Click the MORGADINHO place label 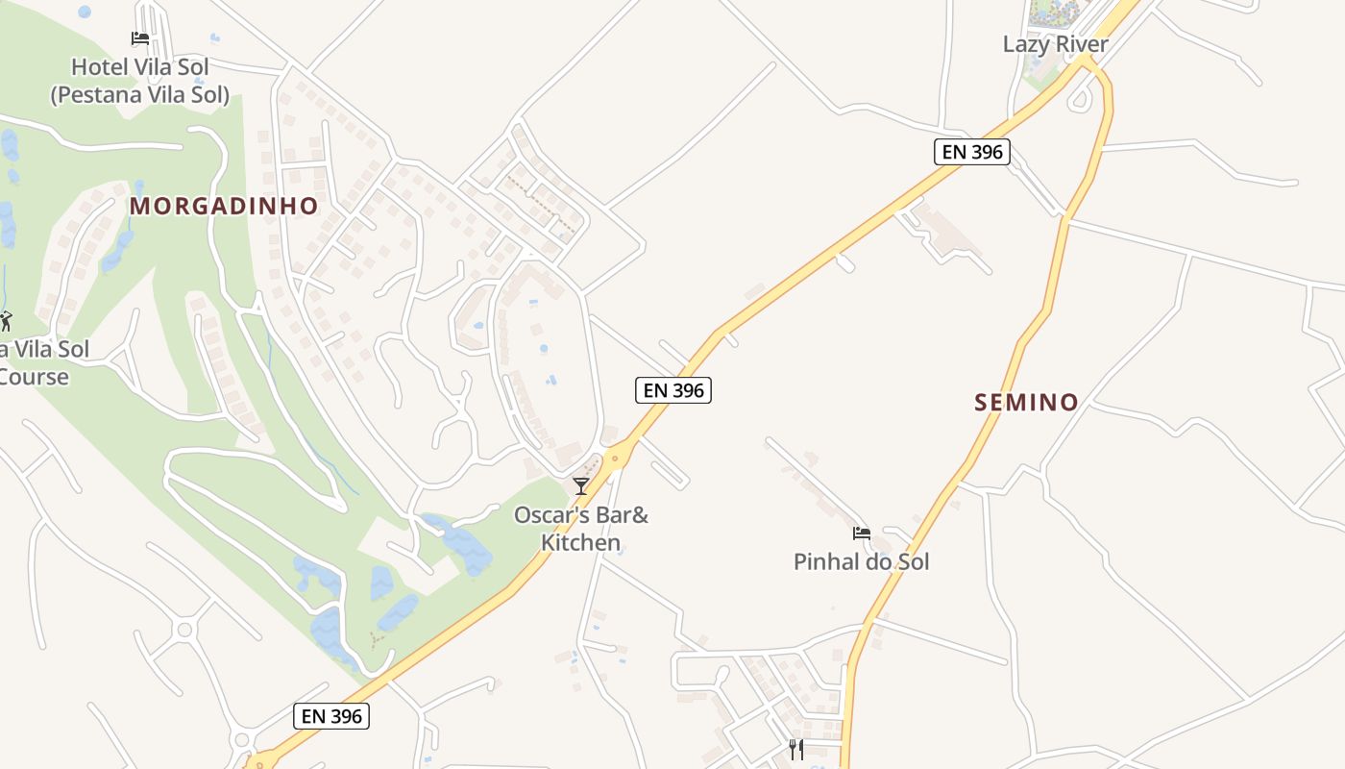point(224,206)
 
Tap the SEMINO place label point(1026,402)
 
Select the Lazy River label point(1055,44)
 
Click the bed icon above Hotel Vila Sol point(140,38)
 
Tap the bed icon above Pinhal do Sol point(861,533)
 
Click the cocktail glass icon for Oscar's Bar point(580,485)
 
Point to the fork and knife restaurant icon point(796,749)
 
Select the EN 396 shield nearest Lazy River point(971,152)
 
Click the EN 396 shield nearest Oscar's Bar point(672,390)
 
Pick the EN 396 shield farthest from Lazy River point(331,716)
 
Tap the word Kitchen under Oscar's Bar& point(580,543)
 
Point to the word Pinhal point(823,562)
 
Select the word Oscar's point(551,516)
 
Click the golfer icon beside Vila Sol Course point(5,320)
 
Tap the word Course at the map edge point(35,377)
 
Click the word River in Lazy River point(1081,44)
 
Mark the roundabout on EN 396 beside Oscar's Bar point(615,459)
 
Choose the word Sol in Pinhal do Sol point(912,562)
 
